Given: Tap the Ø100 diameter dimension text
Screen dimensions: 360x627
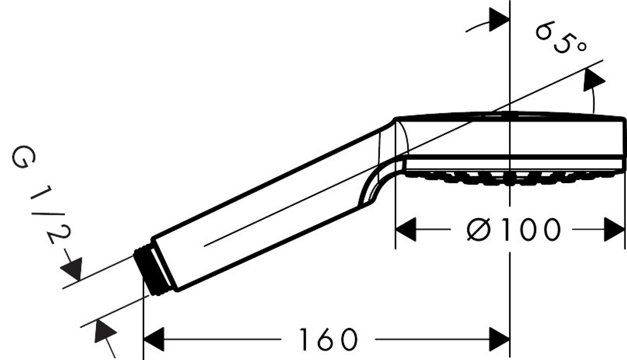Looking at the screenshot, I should pyautogui.click(x=513, y=230).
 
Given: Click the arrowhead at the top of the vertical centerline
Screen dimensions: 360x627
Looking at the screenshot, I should pyautogui.click(x=499, y=18).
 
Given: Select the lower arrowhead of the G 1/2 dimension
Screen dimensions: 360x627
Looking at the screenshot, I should pyautogui.click(x=103, y=332).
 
